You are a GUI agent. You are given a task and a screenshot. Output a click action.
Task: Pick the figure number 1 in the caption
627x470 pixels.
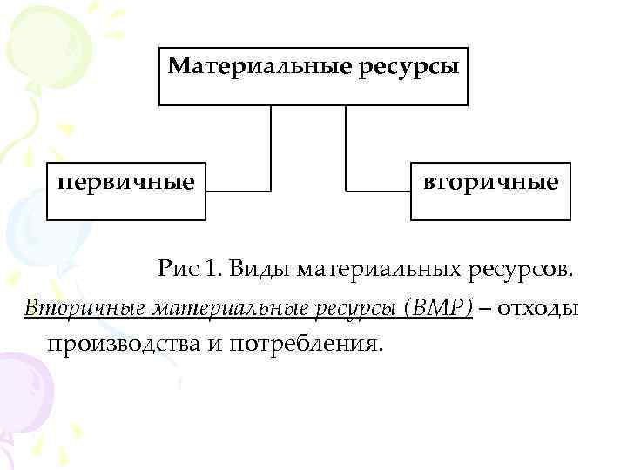tap(210, 270)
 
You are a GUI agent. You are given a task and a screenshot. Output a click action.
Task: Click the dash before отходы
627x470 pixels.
tap(484, 308)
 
